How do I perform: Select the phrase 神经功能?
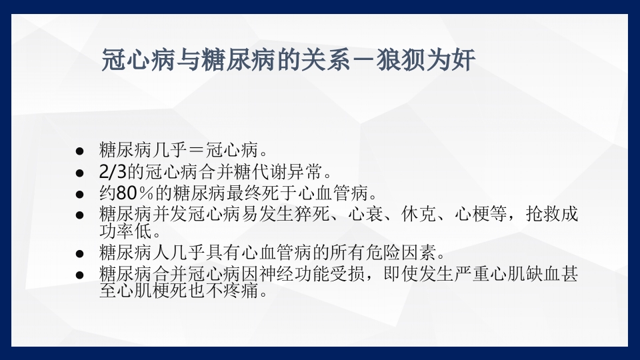pos(325,275)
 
